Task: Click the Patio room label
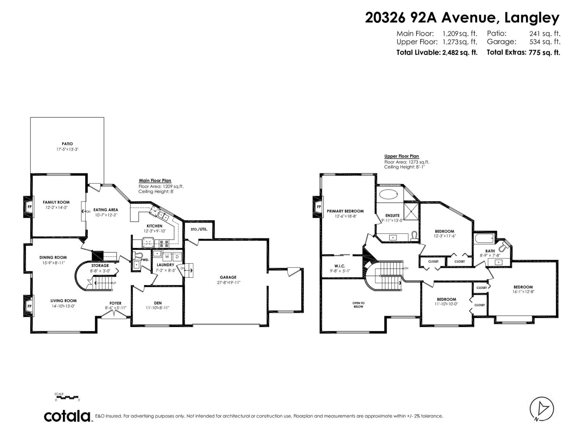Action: point(67,144)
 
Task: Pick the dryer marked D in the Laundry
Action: point(177,256)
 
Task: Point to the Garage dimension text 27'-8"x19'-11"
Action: point(228,282)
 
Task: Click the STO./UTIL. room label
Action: point(199,229)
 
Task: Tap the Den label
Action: point(158,303)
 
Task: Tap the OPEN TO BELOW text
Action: point(358,305)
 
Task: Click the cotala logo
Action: point(68,416)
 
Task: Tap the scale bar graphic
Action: point(67,397)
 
